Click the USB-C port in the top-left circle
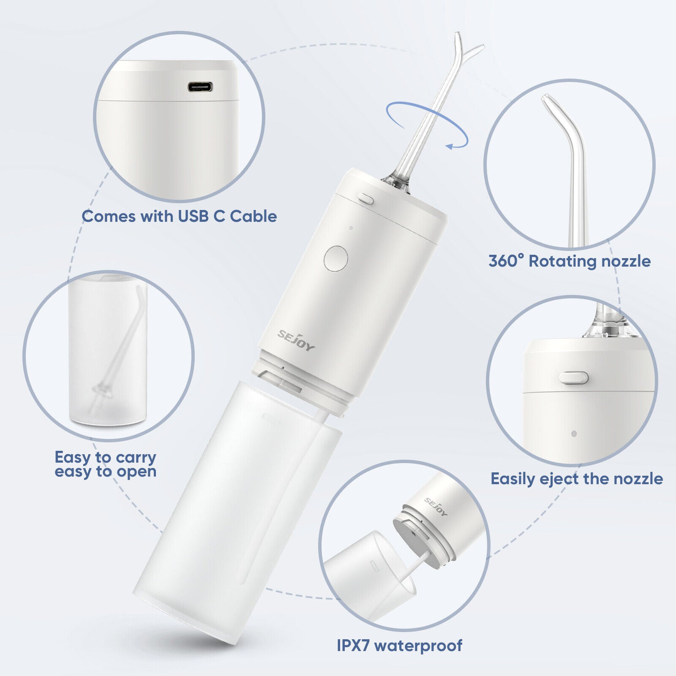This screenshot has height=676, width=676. click(200, 87)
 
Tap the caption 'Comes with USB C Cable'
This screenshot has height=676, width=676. click(179, 216)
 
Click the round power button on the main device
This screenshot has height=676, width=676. click(336, 258)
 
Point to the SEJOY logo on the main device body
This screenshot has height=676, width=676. click(296, 340)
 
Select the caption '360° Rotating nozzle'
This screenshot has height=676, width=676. click(570, 261)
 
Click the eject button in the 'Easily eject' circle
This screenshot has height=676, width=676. click(573, 377)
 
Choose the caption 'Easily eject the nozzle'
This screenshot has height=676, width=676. click(577, 479)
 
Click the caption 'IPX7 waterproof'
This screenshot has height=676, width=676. click(400, 646)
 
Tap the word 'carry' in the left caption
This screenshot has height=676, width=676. click(136, 458)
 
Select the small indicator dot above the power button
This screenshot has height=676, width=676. click(351, 228)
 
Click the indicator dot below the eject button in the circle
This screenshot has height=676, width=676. click(574, 433)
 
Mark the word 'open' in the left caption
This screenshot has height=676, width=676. click(136, 472)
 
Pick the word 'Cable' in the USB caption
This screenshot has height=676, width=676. click(253, 216)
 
